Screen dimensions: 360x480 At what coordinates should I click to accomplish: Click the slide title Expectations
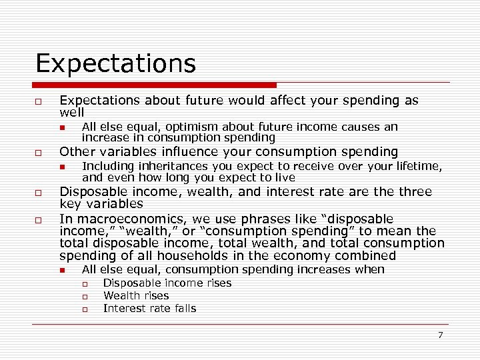point(115,64)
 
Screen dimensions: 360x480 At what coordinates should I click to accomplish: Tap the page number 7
point(440,335)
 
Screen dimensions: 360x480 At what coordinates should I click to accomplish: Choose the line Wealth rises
point(136,295)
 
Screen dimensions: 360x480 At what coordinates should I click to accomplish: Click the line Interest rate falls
point(149,308)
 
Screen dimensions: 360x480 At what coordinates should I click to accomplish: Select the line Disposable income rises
point(167,283)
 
